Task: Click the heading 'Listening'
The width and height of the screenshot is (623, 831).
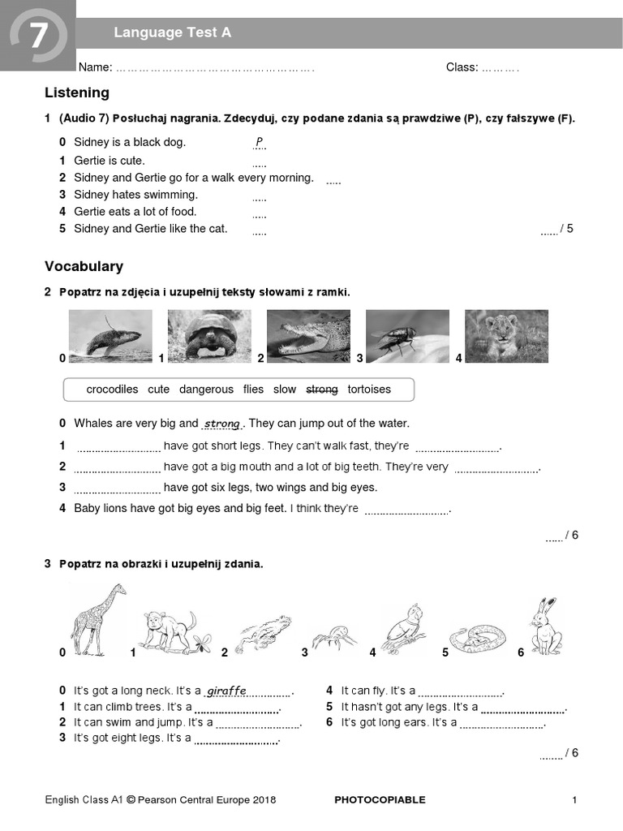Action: (x=77, y=93)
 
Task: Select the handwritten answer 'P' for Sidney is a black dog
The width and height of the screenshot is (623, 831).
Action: (x=260, y=143)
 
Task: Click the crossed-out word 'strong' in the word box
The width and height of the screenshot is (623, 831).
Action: (x=321, y=390)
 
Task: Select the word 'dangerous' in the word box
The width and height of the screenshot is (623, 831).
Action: (x=206, y=390)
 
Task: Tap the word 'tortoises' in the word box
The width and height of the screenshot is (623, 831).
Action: (x=369, y=390)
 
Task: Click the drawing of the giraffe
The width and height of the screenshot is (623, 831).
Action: (x=97, y=621)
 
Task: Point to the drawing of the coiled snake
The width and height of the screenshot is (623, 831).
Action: (x=477, y=639)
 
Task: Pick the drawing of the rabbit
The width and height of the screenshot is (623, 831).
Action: (x=544, y=626)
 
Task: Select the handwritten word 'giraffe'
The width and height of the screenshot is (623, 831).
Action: (x=226, y=691)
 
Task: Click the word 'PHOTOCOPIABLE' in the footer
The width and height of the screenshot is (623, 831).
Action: (x=380, y=800)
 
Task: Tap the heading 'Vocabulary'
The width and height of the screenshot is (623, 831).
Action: (x=84, y=266)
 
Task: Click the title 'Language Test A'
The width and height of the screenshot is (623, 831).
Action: (x=172, y=32)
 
